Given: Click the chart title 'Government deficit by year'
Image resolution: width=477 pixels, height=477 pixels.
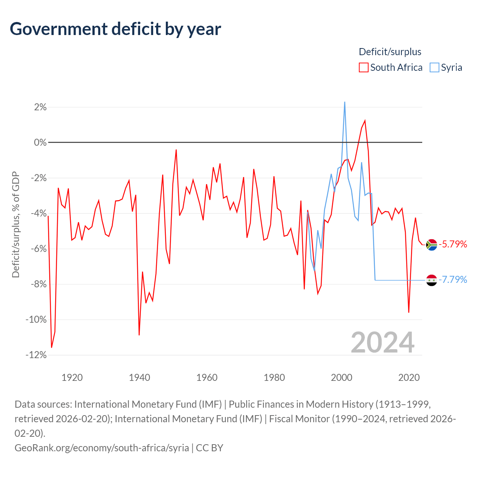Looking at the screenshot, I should [x=116, y=29].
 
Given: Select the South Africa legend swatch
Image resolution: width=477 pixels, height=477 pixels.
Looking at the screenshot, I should [x=363, y=67].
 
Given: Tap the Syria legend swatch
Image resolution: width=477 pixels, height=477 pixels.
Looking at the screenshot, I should [x=434, y=67].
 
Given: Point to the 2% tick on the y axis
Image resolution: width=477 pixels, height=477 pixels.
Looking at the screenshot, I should [x=40, y=107].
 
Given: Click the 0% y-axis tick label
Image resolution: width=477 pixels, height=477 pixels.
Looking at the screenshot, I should [x=40, y=142].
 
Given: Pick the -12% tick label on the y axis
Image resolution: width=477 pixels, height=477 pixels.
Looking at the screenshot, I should [x=36, y=355].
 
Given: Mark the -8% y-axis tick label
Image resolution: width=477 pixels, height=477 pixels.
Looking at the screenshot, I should [x=38, y=284].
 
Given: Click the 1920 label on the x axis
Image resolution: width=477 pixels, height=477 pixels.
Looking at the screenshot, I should [x=72, y=378].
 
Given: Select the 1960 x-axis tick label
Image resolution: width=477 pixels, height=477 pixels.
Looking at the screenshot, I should [x=207, y=378].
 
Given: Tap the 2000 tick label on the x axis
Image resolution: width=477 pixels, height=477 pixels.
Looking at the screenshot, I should [x=342, y=378].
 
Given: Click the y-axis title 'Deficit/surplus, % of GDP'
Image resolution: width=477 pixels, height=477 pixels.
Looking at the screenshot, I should [x=16, y=224].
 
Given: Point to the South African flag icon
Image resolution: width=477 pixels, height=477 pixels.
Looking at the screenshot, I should [x=432, y=245].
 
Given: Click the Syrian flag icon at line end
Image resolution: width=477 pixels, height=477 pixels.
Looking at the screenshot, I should [x=432, y=280].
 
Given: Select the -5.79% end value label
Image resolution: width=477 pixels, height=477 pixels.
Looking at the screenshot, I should [x=453, y=244].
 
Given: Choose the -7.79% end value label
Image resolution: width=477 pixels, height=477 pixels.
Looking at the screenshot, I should [x=453, y=279].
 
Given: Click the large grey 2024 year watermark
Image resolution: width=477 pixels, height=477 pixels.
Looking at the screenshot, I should [x=382, y=342].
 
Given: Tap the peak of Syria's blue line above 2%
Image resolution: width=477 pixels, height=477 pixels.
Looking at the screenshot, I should [x=345, y=102].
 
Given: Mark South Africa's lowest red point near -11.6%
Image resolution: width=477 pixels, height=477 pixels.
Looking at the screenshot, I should [x=52, y=347].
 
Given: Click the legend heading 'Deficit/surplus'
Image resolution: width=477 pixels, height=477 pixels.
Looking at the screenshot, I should [x=390, y=52].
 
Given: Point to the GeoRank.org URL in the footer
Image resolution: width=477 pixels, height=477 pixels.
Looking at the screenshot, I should [x=102, y=448].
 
